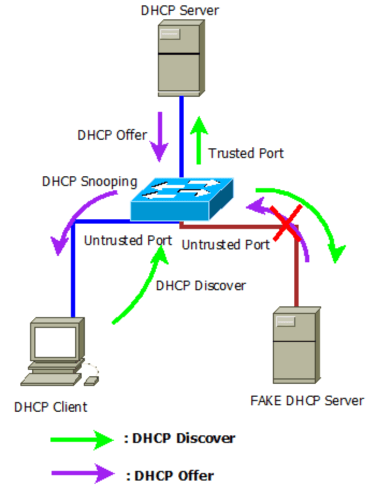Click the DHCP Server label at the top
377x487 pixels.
pyautogui.click(x=180, y=10)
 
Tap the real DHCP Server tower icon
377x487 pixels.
pyautogui.click(x=181, y=58)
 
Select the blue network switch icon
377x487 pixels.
pyautogui.click(x=182, y=199)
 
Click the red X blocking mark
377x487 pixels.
pyautogui.click(x=286, y=223)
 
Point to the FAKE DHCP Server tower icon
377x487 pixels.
pyautogui.click(x=296, y=345)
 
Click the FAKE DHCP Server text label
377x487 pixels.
pyautogui.click(x=307, y=400)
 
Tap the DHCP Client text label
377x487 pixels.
pyautogui.click(x=51, y=407)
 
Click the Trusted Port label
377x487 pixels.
pyautogui.click(x=246, y=153)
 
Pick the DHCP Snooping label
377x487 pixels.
pyautogui.click(x=90, y=182)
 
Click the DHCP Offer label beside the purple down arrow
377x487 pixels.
pyautogui.click(x=112, y=135)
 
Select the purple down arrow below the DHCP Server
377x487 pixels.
pyautogui.click(x=160, y=137)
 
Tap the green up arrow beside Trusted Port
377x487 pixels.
pyautogui.click(x=199, y=140)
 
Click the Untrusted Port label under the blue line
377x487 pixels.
pyautogui.click(x=128, y=240)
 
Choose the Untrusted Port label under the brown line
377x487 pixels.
pyautogui.click(x=226, y=245)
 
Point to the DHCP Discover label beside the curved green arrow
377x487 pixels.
pyautogui.click(x=201, y=286)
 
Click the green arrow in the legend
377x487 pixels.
pyautogui.click(x=82, y=440)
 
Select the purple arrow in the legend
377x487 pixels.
pyautogui.click(x=83, y=474)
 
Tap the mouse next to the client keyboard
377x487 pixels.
pyautogui.click(x=91, y=381)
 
